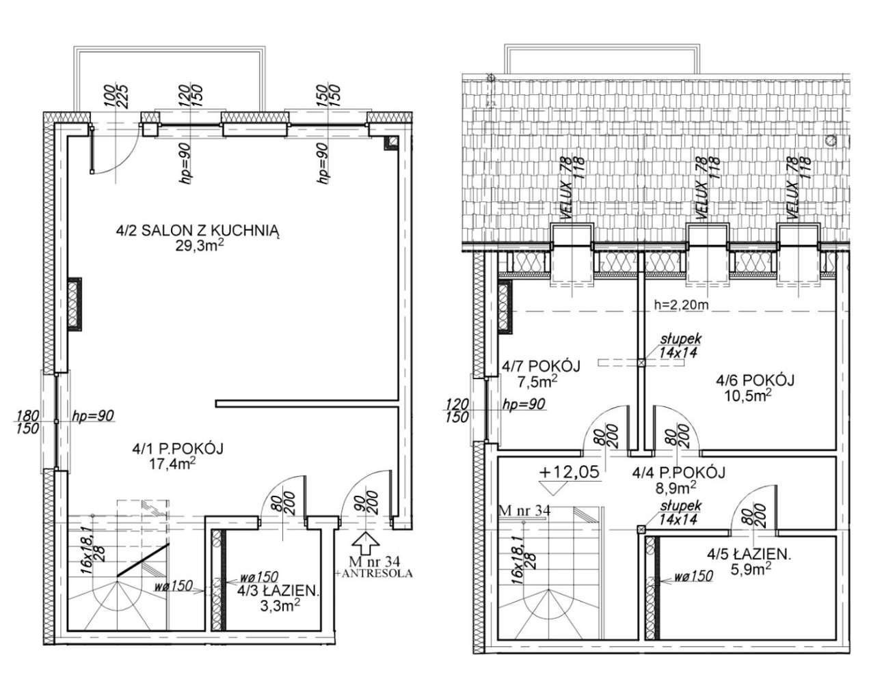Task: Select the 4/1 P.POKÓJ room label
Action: tap(178, 449)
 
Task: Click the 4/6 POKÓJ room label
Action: tap(754, 380)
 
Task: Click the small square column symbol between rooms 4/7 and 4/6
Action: tap(641, 363)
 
